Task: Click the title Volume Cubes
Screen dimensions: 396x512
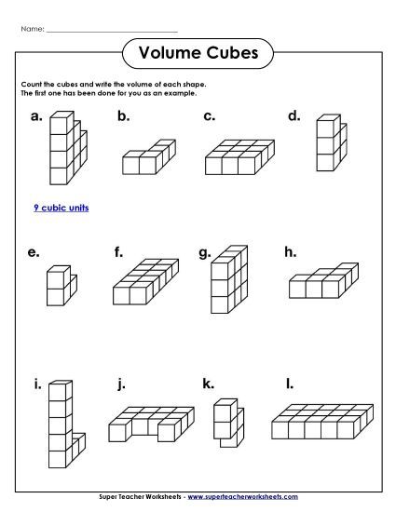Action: click(198, 52)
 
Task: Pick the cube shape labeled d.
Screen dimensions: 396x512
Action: click(328, 145)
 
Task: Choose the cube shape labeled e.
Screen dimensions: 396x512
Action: click(58, 286)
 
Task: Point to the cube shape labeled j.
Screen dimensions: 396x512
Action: click(145, 424)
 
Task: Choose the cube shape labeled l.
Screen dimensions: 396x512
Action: click(322, 422)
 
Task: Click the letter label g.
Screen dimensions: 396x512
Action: click(205, 252)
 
